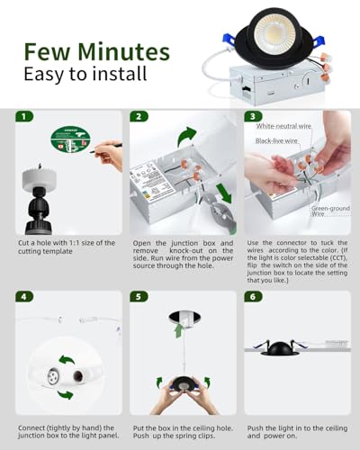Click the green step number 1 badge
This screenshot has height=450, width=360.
point(24,116)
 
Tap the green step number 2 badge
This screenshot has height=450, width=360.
point(139,116)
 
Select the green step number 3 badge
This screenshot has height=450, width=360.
point(253,116)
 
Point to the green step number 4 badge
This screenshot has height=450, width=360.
point(24,297)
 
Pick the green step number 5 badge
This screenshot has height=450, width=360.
point(139,297)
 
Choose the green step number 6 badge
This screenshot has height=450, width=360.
point(253,297)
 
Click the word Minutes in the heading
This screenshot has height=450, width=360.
point(123,52)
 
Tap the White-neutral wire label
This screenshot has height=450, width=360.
point(283,126)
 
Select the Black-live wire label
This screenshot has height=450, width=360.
point(276,140)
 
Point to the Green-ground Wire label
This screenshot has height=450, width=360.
point(330,211)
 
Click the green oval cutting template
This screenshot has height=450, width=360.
point(70,139)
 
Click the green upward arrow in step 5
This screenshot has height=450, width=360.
point(179,330)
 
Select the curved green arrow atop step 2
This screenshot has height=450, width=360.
point(186,137)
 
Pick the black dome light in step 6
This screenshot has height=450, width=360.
point(280,348)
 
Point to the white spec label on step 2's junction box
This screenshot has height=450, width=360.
point(152,182)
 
